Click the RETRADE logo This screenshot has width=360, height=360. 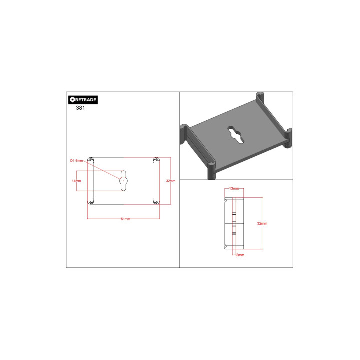[x=83, y=99]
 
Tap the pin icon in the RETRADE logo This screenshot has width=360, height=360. [x=72, y=99]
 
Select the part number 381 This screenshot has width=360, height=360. [x=80, y=108]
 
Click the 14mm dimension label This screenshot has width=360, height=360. [x=76, y=180]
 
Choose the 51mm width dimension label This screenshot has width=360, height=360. [x=125, y=219]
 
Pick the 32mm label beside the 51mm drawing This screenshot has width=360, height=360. [x=171, y=180]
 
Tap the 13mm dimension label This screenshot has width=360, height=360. [x=234, y=189]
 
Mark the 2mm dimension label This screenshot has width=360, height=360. [x=240, y=255]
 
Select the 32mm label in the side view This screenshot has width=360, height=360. [x=262, y=223]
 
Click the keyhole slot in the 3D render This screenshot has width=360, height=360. [x=234, y=134]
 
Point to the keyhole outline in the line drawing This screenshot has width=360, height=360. [x=124, y=180]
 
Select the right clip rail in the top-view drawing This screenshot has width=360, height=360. [x=155, y=180]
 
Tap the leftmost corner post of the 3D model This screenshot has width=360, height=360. [x=184, y=134]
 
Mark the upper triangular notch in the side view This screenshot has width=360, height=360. [x=226, y=200]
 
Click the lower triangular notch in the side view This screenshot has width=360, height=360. [x=226, y=245]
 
